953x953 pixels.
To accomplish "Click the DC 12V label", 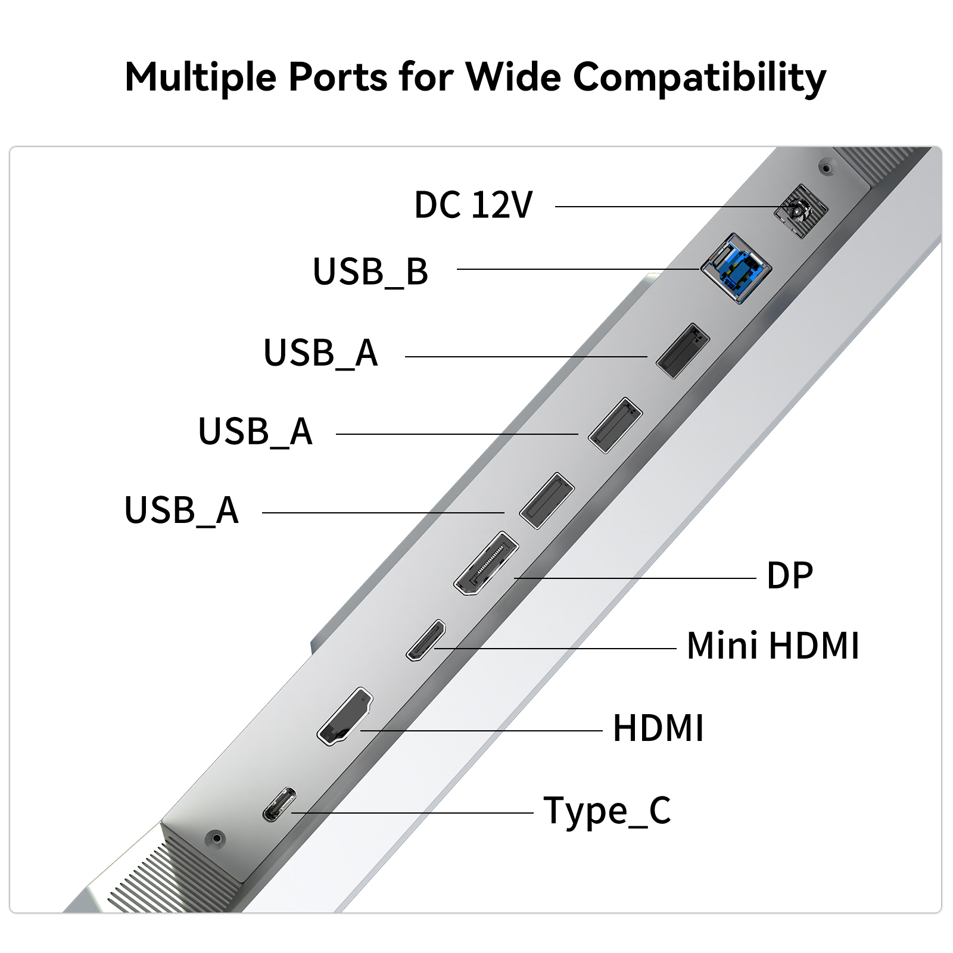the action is pos(474,205).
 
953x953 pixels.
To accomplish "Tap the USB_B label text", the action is pos(370,272).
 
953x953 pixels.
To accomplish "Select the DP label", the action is pos(790,575).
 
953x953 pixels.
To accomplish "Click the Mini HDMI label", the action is pos(773,646).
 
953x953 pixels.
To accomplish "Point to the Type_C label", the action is pos(608,811).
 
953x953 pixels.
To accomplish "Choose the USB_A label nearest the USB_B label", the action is pos(320,353).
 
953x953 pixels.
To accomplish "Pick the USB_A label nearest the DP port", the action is pos(182,510).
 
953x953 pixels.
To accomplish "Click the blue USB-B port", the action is pos(737,268).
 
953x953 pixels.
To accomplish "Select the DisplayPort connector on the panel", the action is pos(486,563).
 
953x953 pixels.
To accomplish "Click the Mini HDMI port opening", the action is pos(426,640).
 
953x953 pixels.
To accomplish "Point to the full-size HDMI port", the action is pos(345,716).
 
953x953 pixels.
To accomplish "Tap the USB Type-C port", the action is pos(279,804).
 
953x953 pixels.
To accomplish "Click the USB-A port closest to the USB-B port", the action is pos(683,351).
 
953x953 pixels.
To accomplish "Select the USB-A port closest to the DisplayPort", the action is pos(547,500).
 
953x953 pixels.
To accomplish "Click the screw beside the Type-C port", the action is pos(216,839).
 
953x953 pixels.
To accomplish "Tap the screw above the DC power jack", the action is pos(826,168).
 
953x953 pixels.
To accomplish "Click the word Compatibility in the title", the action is pos(700,78).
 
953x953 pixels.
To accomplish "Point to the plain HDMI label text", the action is pos(658,728).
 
